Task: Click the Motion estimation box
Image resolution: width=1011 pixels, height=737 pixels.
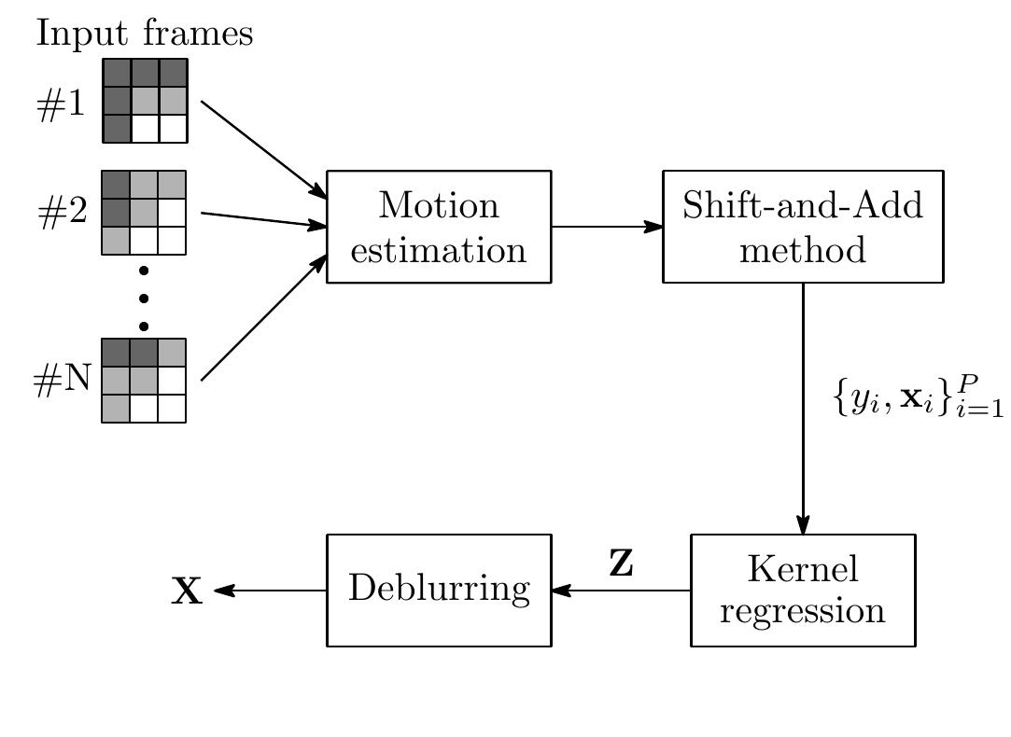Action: click(x=439, y=227)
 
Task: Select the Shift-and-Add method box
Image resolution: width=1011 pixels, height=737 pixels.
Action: click(x=802, y=227)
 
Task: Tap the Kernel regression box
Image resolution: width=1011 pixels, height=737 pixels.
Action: click(x=802, y=590)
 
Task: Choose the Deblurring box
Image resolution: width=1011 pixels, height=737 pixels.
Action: click(x=439, y=590)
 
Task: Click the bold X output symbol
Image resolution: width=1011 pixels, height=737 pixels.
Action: click(x=187, y=591)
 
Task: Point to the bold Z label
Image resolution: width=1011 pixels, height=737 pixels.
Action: click(x=621, y=563)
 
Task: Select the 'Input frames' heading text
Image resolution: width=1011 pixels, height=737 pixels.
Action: click(x=145, y=34)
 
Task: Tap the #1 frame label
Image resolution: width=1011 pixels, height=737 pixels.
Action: click(x=61, y=104)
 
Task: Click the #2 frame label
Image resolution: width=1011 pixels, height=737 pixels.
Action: click(x=63, y=214)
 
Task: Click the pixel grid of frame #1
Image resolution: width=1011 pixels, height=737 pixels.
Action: click(x=145, y=101)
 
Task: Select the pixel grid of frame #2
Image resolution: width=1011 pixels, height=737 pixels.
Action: click(x=144, y=213)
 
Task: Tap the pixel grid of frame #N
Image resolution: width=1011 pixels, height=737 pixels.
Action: click(x=144, y=381)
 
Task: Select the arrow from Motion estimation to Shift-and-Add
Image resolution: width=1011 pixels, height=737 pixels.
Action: click(x=607, y=227)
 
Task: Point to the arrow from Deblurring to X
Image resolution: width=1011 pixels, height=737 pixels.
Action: click(x=271, y=591)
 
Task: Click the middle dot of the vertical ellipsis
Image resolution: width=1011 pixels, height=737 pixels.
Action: click(x=144, y=299)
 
